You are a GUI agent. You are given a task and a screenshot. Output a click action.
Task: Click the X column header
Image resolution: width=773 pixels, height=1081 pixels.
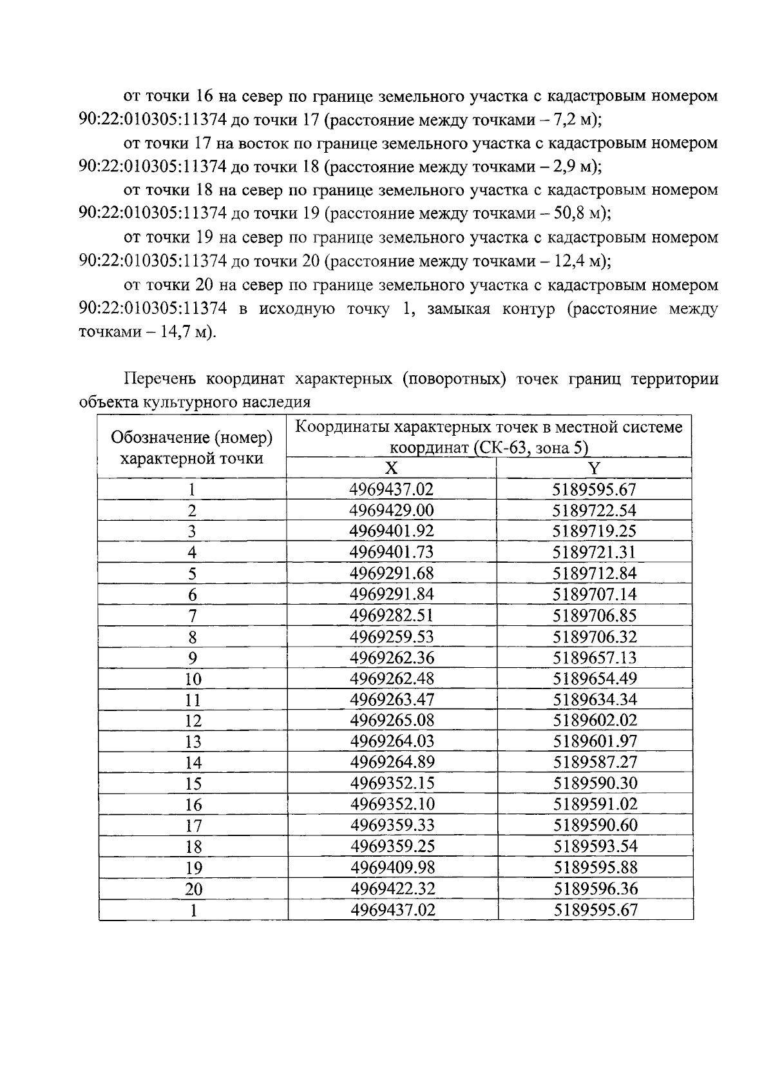pyautogui.click(x=391, y=468)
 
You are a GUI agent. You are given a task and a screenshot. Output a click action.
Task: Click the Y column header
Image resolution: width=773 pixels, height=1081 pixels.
pyautogui.click(x=594, y=468)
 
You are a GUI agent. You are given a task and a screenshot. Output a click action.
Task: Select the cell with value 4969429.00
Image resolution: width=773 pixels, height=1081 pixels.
pyautogui.click(x=391, y=511)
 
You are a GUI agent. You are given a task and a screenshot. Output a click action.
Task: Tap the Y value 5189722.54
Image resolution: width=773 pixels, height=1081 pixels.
pyautogui.click(x=594, y=511)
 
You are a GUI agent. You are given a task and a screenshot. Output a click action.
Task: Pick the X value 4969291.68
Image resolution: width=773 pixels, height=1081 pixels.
pyautogui.click(x=391, y=573)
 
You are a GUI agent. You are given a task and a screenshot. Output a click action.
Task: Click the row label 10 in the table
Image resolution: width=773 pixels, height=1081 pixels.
pyautogui.click(x=193, y=679)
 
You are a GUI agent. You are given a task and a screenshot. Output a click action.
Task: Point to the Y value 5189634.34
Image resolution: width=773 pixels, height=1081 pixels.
pyautogui.click(x=594, y=699)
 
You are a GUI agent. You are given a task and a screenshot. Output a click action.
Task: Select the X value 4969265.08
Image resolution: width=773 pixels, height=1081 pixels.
pyautogui.click(x=391, y=720)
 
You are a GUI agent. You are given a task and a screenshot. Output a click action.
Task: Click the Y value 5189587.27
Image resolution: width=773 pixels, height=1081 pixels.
pyautogui.click(x=594, y=762)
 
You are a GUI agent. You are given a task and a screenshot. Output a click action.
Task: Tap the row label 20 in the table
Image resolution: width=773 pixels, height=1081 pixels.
pyautogui.click(x=193, y=890)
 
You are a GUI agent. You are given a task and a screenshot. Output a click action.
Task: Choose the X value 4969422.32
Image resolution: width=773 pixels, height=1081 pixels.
pyautogui.click(x=392, y=889)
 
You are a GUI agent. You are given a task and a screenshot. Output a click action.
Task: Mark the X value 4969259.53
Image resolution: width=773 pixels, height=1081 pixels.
pyautogui.click(x=391, y=637)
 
